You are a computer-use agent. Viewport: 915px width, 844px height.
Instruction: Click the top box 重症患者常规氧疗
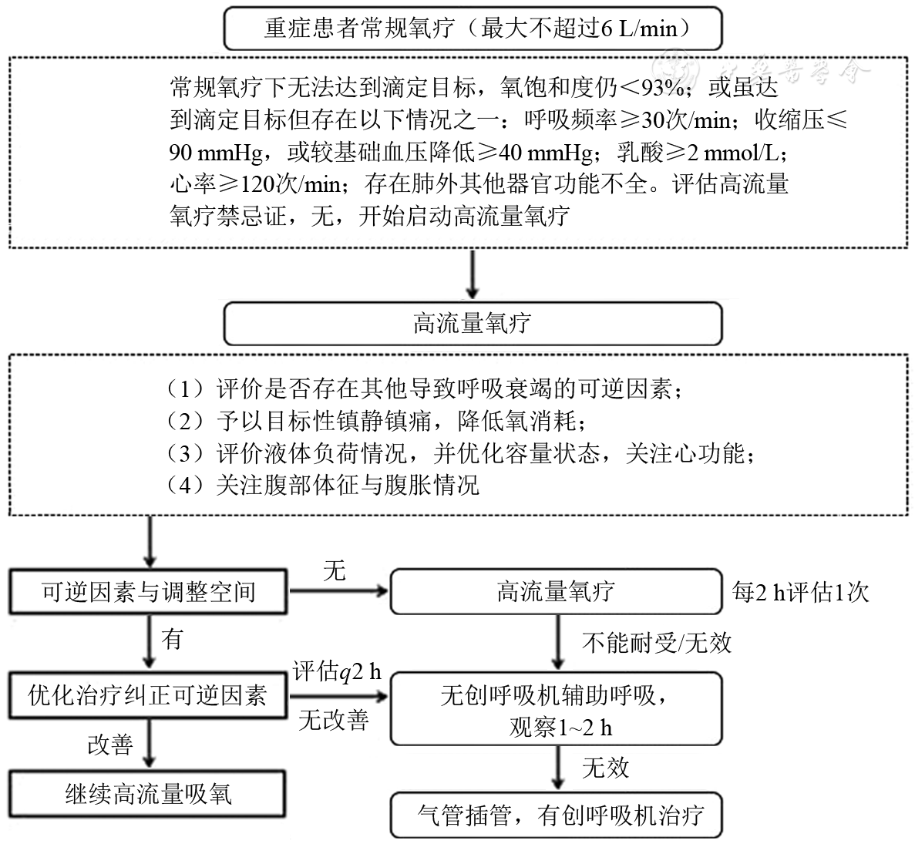coord(472,29)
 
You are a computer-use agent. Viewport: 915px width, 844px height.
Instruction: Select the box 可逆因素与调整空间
coord(147,592)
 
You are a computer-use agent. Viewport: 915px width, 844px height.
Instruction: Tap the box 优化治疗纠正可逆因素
coord(147,695)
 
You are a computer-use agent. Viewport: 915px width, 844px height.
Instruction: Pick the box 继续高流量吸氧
coord(147,795)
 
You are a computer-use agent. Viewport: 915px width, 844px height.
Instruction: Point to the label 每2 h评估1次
coord(799,592)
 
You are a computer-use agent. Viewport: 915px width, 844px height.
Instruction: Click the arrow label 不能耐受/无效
coord(655,642)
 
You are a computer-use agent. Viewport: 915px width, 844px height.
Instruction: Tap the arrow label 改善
coord(109,745)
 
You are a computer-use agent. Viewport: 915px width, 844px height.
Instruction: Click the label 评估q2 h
coord(337,672)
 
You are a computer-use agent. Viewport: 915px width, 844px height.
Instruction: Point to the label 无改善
coord(333,720)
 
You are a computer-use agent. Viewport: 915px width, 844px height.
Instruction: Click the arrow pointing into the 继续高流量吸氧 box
coord(147,758)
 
